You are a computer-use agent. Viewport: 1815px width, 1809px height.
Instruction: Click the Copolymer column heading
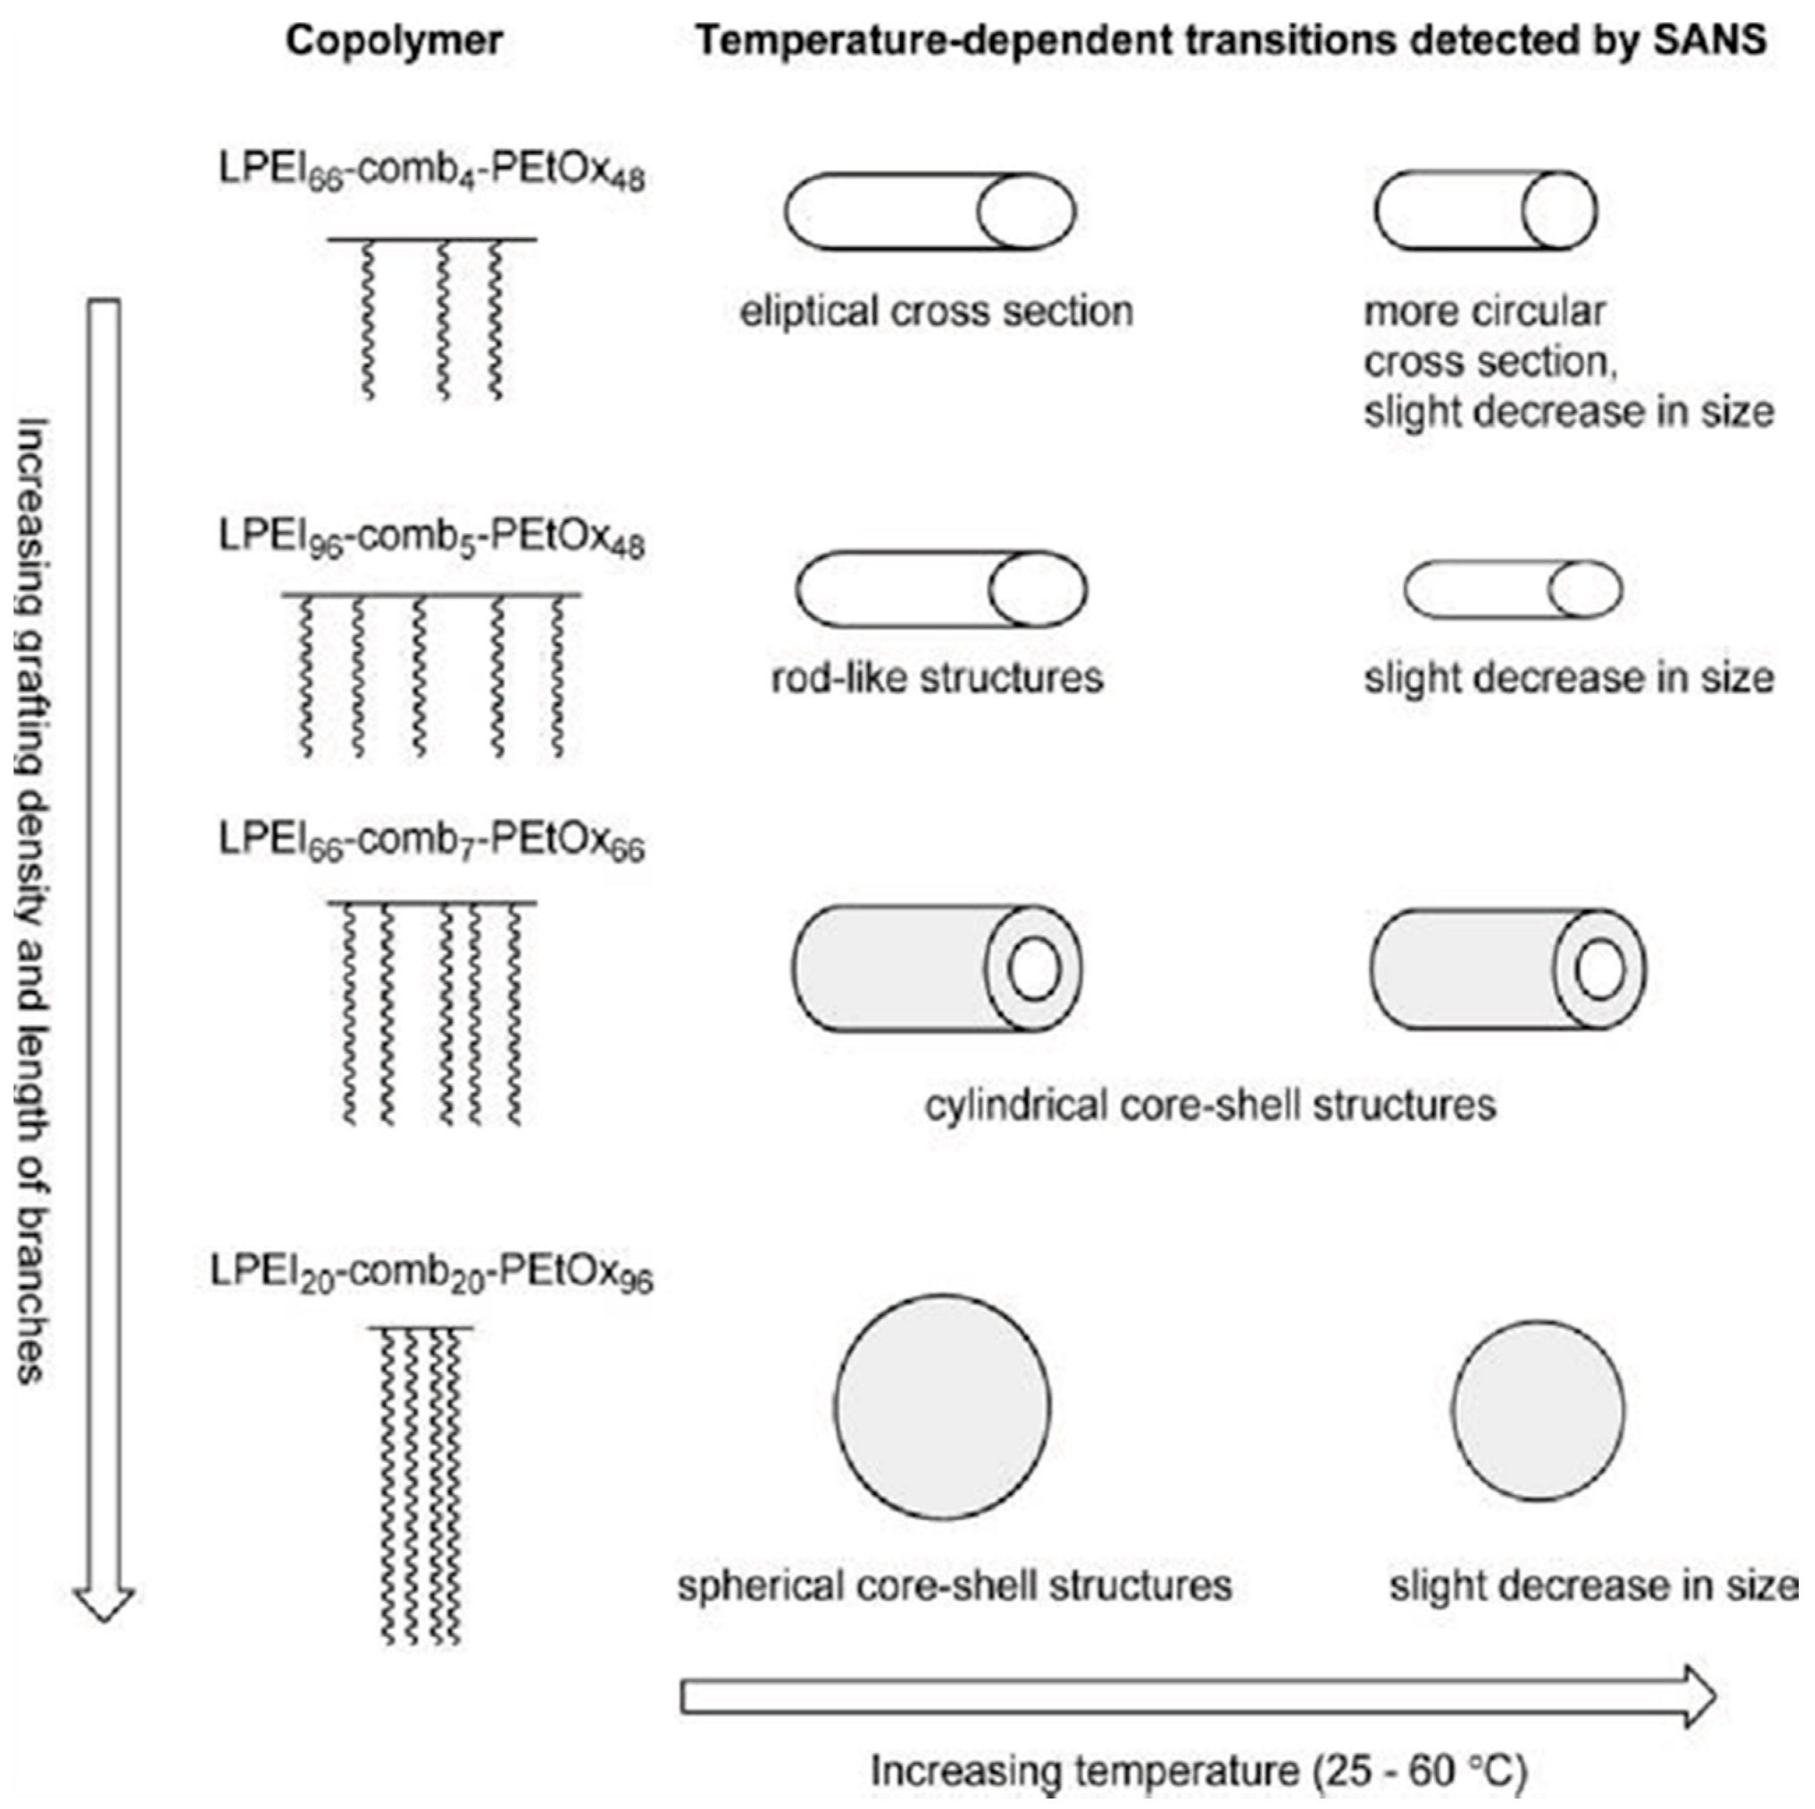[394, 41]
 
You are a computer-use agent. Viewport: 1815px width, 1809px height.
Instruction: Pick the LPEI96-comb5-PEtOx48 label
[431, 539]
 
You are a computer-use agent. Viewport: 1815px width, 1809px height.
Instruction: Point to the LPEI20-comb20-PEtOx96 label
[431, 1274]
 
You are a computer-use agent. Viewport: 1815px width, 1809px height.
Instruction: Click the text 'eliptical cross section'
[936, 312]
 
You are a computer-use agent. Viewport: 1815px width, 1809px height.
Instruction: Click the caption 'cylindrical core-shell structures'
[1210, 1105]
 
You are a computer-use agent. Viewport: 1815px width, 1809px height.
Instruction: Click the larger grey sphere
[942, 1407]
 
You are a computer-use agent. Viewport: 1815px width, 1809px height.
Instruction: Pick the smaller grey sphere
[1538, 1410]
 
